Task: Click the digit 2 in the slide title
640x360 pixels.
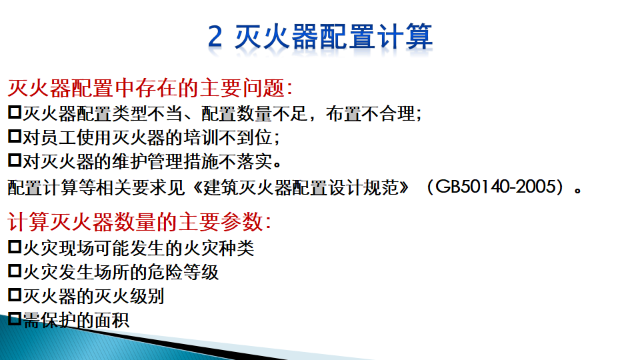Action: [x=215, y=37]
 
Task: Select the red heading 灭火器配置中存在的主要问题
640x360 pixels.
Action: [x=146, y=88]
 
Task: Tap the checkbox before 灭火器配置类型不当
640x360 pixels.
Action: [x=15, y=112]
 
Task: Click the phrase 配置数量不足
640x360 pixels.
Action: [x=254, y=113]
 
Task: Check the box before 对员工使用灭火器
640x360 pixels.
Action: [x=15, y=136]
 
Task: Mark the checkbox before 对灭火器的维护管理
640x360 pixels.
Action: [x=15, y=160]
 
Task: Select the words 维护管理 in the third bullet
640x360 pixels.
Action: [x=147, y=161]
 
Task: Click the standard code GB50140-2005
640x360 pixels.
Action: [x=496, y=187]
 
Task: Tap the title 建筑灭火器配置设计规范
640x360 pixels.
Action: [x=301, y=187]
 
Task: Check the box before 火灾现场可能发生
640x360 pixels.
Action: [x=15, y=247]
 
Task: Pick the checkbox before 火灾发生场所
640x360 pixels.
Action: [x=15, y=271]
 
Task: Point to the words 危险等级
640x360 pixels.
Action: [x=183, y=272]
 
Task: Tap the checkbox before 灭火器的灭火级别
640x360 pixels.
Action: [x=15, y=295]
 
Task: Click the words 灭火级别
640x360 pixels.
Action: [x=129, y=296]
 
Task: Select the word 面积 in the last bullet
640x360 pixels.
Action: [x=112, y=321]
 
